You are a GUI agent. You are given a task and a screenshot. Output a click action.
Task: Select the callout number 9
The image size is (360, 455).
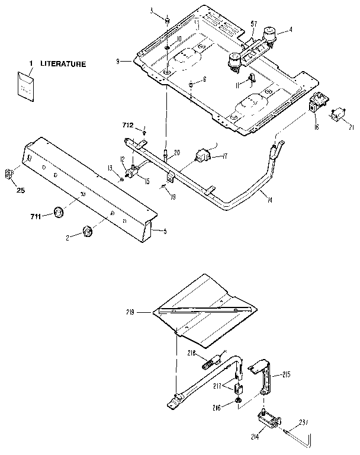[119, 61]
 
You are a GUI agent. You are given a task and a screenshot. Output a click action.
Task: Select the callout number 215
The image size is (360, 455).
[286, 374]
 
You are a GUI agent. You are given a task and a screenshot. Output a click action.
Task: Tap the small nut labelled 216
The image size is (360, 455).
[237, 402]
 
